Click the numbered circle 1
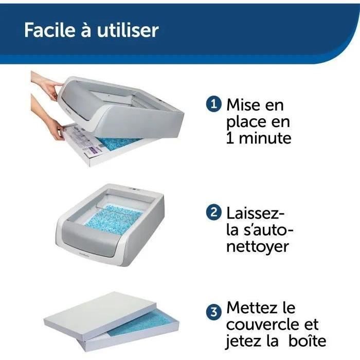pos(213,105)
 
